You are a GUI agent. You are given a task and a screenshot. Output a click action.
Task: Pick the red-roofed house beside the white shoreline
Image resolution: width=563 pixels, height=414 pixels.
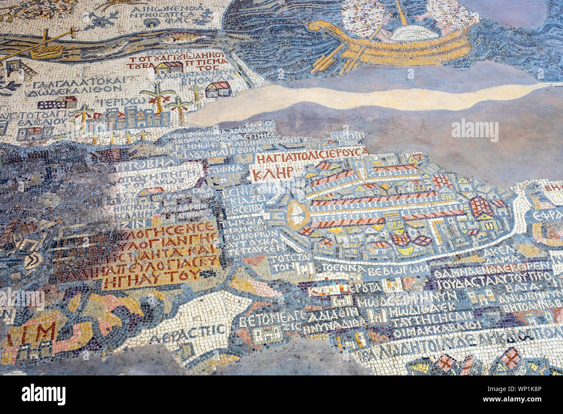[x=218, y=90]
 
